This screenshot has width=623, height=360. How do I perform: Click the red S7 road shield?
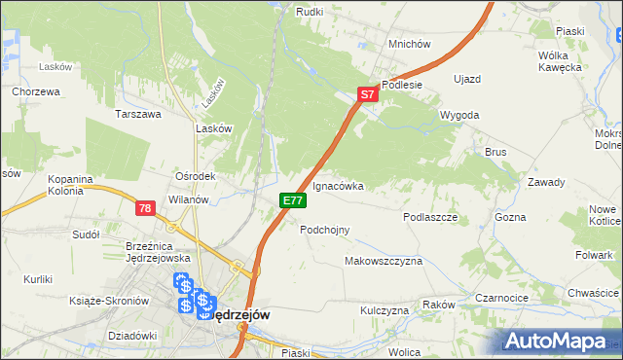(366, 95)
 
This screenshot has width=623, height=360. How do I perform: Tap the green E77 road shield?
(293, 200)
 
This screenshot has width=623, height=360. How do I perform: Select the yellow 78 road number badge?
(145, 208)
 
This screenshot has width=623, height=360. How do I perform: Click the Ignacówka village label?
(338, 185)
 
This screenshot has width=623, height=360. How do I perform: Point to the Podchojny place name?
(324, 230)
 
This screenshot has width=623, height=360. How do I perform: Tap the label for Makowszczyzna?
(383, 262)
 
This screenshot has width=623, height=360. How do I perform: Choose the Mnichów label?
(409, 44)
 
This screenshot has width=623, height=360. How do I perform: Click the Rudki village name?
(310, 11)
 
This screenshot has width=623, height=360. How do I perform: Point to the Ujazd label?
(468, 77)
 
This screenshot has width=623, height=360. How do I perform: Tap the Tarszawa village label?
(137, 114)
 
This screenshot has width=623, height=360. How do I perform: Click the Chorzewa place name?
(37, 91)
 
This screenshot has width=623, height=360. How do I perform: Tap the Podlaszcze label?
(430, 218)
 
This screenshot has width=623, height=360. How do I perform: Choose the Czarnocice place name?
(502, 298)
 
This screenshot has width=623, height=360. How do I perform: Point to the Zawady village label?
(546, 183)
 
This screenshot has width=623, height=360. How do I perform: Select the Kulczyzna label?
(384, 310)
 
